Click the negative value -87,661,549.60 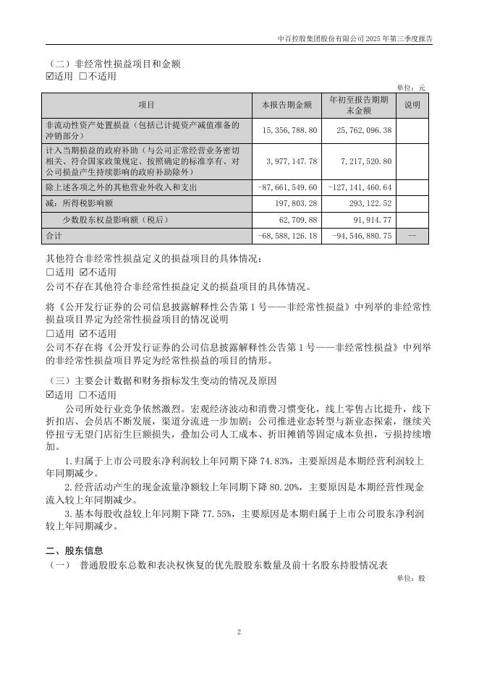pyautogui.click(x=288, y=187)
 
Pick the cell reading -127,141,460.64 pyautogui.click(x=360, y=187)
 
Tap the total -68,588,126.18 pyautogui.click(x=288, y=236)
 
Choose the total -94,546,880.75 pyautogui.click(x=360, y=236)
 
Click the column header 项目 pyautogui.click(x=147, y=105)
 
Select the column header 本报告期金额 pyautogui.click(x=287, y=105)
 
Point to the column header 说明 pyautogui.click(x=412, y=105)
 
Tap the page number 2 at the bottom pyautogui.click(x=239, y=631)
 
